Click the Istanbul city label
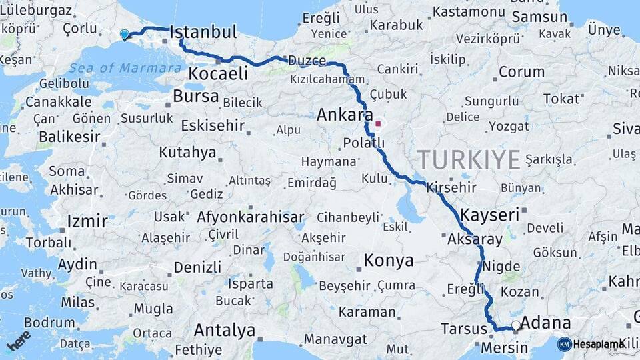coord(203,32)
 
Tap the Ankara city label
coord(344,115)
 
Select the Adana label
coord(545,324)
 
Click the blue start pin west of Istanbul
coord(124,35)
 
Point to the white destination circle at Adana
coord(516,326)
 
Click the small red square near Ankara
coord(379,123)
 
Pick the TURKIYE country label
coord(469,160)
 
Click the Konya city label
coord(389,261)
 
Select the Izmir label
coord(87,221)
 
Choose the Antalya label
coord(225,330)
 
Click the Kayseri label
coord(489,215)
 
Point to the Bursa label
coord(195,96)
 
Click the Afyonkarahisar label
coord(251,217)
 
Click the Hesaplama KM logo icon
coord(564,344)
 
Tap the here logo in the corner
coord(18,339)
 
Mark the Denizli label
coord(197,267)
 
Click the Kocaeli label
coord(218,73)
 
